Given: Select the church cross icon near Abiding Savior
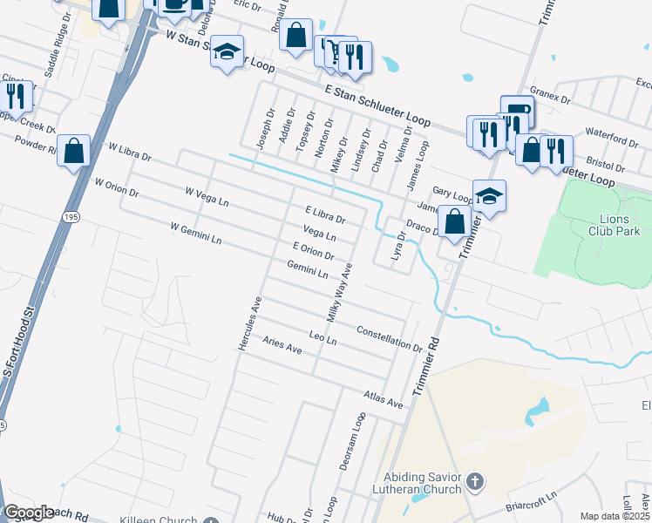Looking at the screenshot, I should (474, 480).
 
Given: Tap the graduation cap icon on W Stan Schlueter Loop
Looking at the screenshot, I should (228, 54).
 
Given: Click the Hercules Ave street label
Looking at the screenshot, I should (250, 323).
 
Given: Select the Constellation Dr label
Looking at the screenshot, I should (390, 337).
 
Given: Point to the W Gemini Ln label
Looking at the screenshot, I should (196, 233).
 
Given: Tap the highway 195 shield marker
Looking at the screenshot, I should (68, 214).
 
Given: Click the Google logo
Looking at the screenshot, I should (29, 513).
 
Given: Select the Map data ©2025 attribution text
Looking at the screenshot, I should (615, 516).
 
